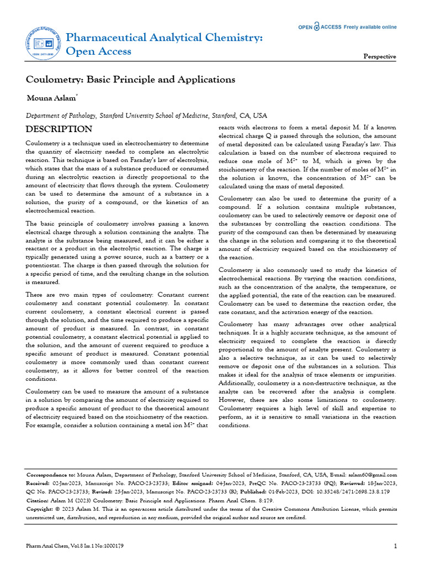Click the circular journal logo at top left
coord(44,44)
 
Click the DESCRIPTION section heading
coord(59,129)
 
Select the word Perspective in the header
coord(379,56)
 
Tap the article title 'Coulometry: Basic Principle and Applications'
coord(131,80)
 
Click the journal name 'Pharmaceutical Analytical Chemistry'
coord(164,38)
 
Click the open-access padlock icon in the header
coord(317,27)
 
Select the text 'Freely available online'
coord(370,27)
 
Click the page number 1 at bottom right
coord(396,546)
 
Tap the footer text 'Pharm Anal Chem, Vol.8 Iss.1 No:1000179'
coord(75,546)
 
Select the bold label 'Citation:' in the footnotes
coord(39,500)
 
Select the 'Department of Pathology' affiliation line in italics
coord(146,116)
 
